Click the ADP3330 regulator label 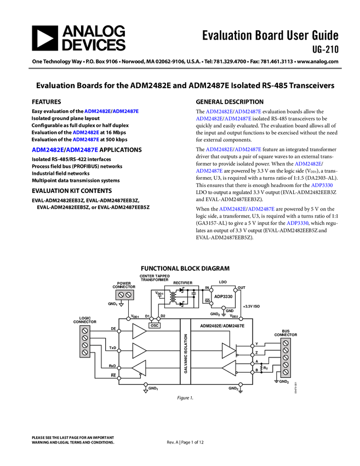[x=223, y=297]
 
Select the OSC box [x=155, y=325]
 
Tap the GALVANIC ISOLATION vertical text [x=186, y=354]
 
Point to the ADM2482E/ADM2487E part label [x=222, y=326]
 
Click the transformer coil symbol [x=174, y=297]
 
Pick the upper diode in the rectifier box [x=182, y=289]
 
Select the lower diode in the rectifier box [x=182, y=303]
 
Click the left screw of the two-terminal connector [x=121, y=295]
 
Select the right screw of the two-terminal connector [x=128, y=295]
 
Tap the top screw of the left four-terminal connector [x=85, y=331]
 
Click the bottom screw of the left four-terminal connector [x=85, y=353]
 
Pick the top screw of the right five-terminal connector [x=285, y=343]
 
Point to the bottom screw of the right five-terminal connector [x=285, y=372]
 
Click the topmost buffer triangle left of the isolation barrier [x=139, y=331]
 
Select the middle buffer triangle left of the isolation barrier [x=139, y=350]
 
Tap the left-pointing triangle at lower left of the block [x=139, y=368]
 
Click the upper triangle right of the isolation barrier [x=228, y=350]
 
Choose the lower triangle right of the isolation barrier [x=228, y=368]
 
